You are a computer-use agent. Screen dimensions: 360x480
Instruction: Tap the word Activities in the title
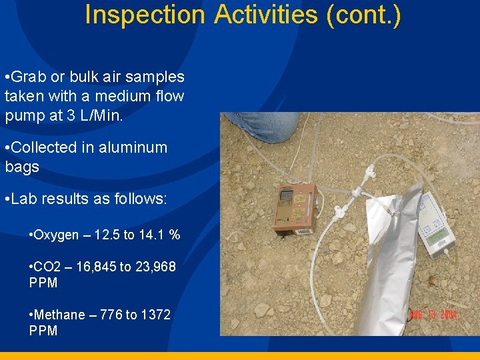click(265, 14)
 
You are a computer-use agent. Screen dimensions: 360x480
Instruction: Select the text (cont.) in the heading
click(363, 14)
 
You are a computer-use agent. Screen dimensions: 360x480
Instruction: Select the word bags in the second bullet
click(22, 167)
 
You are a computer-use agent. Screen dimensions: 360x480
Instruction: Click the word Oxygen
click(55, 235)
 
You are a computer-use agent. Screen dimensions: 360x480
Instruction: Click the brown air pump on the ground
click(293, 209)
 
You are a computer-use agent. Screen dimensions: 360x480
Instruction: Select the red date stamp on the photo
click(433, 314)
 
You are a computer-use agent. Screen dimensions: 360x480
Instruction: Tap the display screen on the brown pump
click(287, 196)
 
